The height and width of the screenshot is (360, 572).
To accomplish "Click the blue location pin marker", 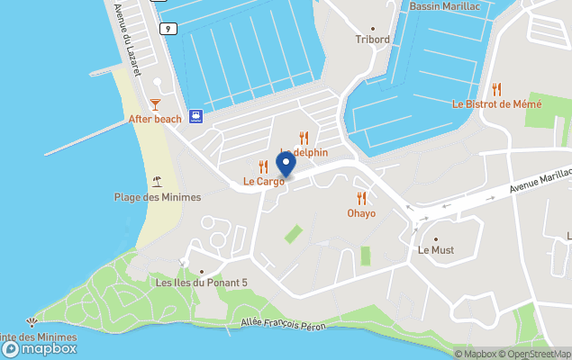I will [x=286, y=164].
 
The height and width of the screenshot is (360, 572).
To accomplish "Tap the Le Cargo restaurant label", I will [x=264, y=181].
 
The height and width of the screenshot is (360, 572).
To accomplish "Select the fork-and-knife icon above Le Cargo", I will [x=263, y=166].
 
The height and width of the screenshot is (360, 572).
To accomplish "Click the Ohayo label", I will [x=361, y=213].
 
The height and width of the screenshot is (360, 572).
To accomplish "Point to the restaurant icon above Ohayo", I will [x=361, y=198].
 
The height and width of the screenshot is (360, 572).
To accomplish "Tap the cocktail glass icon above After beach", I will [x=155, y=104].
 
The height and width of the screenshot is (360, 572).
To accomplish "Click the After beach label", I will [x=155, y=119].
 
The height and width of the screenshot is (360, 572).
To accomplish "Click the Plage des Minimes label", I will [x=158, y=197].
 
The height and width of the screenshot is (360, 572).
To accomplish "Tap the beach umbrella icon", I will [x=158, y=182].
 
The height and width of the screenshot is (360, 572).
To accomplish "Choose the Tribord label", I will [x=372, y=40].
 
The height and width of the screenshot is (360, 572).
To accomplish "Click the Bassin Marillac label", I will [x=444, y=6].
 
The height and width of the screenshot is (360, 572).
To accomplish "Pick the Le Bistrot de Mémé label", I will [x=496, y=104].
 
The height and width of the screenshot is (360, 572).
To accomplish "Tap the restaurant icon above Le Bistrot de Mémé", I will [x=496, y=89].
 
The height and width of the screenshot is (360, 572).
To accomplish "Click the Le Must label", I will [x=436, y=250].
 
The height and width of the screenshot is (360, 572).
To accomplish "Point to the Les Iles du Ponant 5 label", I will [x=202, y=283].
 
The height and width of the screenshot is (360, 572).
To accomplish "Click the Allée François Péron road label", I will [x=285, y=323].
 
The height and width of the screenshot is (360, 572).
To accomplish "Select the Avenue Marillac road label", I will [x=540, y=180].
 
